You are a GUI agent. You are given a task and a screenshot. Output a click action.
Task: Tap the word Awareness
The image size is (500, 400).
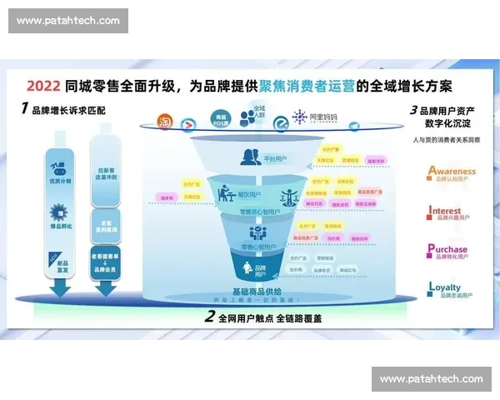[x=452, y=172]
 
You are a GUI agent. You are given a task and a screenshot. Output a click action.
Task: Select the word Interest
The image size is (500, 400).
[x=445, y=212]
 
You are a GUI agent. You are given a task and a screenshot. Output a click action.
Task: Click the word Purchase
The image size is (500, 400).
[x=447, y=249]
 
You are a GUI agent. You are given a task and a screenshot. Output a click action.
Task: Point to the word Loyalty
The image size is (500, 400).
[x=444, y=287]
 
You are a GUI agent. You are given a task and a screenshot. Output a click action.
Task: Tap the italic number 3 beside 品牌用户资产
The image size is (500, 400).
[x=413, y=110]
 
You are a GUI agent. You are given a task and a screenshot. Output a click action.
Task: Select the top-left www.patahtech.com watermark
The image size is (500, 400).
[x=68, y=21]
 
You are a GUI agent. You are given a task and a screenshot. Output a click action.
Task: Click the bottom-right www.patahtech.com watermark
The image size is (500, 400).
[x=430, y=379]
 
